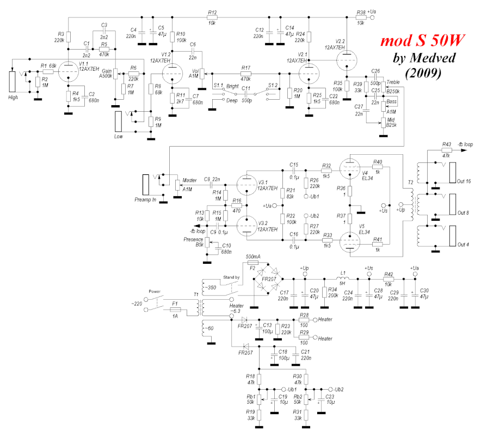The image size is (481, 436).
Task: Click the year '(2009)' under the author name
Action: pos(423,71)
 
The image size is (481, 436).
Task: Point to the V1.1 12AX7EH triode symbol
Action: pos(67,69)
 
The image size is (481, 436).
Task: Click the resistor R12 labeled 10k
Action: pos(212,17)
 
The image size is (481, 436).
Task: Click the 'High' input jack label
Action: pos(14,97)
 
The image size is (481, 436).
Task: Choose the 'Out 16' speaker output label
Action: pos(462,180)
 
